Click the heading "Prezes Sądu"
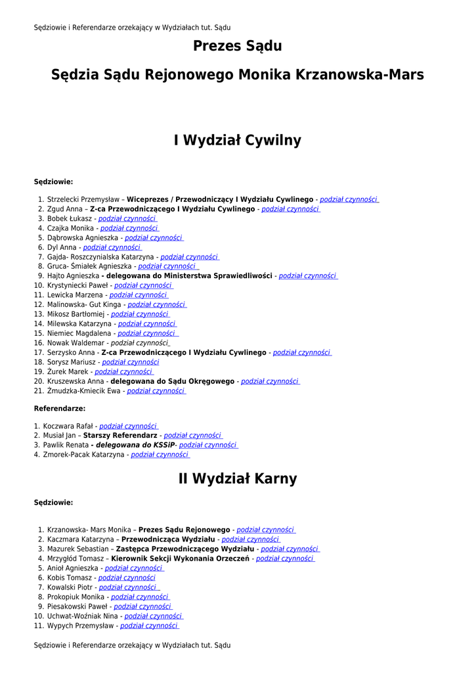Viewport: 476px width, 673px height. point(237,46)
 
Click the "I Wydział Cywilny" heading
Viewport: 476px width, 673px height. point(237,140)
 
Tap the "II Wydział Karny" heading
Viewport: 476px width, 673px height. point(237,478)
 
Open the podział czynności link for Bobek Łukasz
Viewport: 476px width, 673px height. point(127,219)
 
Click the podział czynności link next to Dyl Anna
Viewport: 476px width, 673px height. point(112,248)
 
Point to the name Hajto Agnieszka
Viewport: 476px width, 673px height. point(73,276)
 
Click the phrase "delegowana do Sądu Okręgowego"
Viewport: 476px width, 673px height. point(172,381)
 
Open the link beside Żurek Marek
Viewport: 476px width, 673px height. point(123,372)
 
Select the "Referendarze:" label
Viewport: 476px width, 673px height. point(60,409)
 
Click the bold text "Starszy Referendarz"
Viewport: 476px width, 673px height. point(120,436)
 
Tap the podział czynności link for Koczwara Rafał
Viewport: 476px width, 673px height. point(129,427)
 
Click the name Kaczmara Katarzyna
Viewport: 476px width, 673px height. point(81,540)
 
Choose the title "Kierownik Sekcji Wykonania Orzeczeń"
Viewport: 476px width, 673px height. point(180,559)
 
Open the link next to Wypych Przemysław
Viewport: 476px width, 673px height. point(150,626)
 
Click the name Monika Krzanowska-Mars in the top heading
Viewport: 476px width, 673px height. point(331,75)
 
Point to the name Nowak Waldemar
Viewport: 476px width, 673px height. point(76,343)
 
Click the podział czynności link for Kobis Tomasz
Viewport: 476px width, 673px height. point(127,578)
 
